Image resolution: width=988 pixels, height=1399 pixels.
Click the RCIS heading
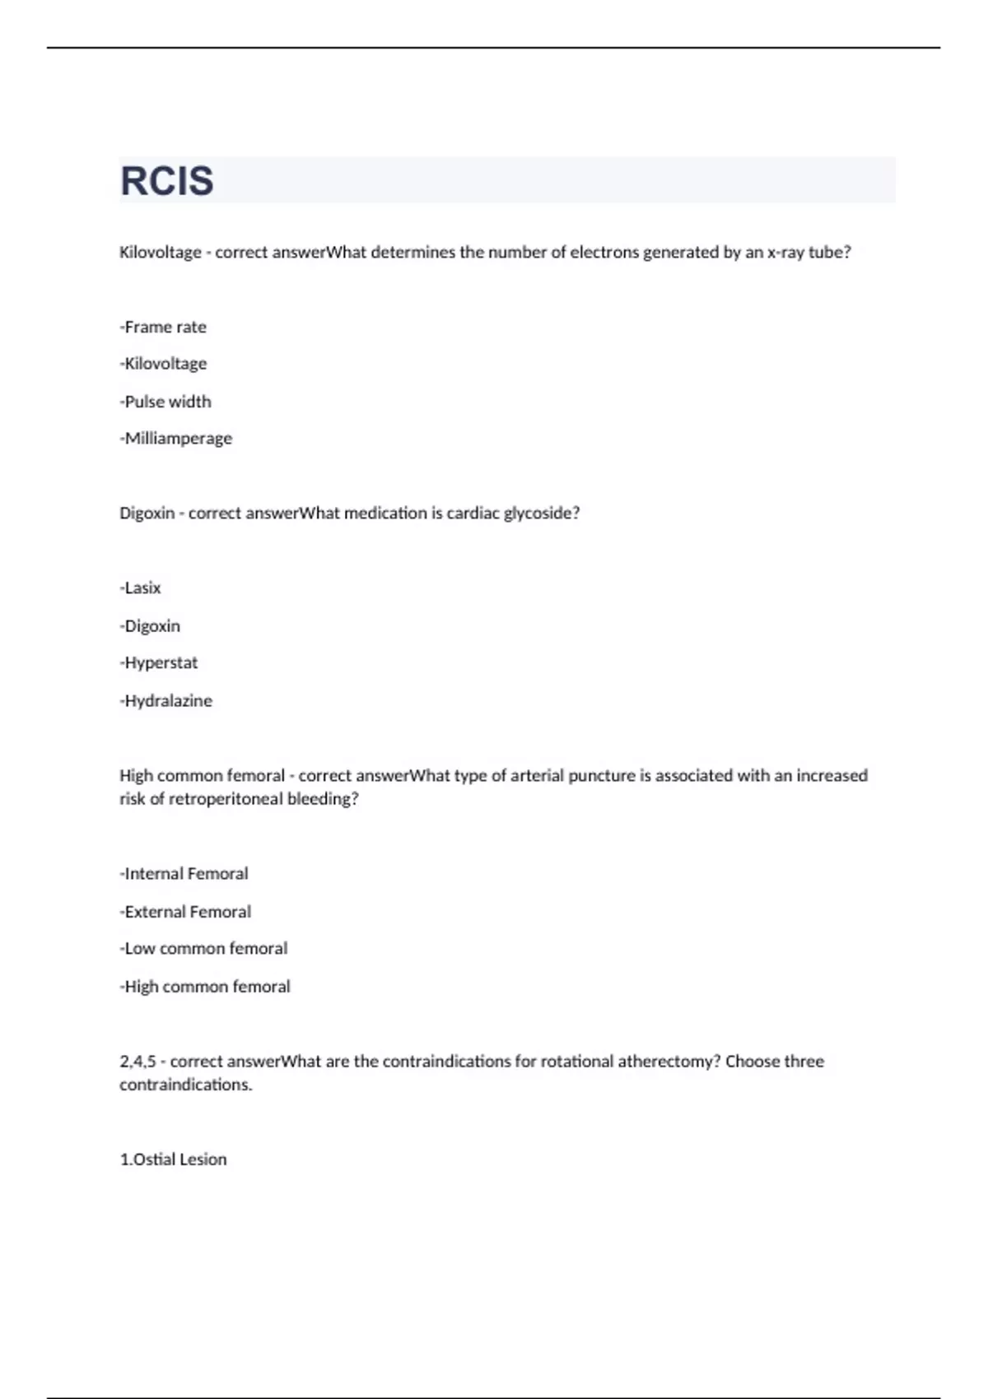[167, 181]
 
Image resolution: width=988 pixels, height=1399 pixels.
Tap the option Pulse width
[165, 402]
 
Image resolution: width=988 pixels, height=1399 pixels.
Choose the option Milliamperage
[176, 439]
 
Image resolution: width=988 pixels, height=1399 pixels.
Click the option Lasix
[141, 588]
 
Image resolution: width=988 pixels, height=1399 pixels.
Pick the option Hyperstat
[159, 662]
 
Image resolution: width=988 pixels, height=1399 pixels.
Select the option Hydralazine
[166, 700]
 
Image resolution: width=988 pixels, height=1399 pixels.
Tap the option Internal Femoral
[184, 873]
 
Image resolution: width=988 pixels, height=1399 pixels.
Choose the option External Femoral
[186, 911]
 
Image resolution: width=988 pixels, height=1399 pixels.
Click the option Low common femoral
[204, 948]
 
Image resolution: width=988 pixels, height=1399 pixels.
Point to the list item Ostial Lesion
[174, 1159]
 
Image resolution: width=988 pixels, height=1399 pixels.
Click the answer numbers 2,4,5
[137, 1062]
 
